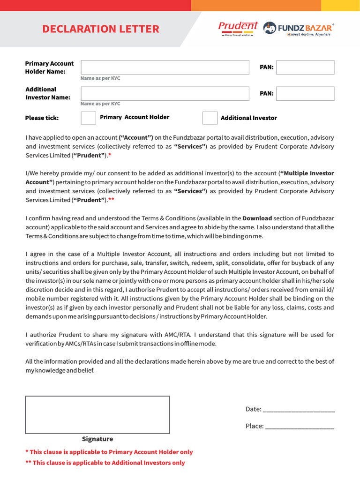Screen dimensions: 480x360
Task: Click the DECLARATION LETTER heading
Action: pyautogui.click(x=100, y=29)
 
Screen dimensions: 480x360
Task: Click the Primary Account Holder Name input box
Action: pyautogui.click(x=165, y=67)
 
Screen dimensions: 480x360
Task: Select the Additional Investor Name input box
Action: pyautogui.click(x=165, y=93)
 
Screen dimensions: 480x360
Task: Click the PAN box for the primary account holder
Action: pyautogui.click(x=305, y=67)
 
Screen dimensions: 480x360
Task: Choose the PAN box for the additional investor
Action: pyautogui.click(x=305, y=93)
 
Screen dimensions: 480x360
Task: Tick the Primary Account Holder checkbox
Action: pyautogui.click(x=88, y=118)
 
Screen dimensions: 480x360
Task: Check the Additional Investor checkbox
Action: pyautogui.click(x=210, y=118)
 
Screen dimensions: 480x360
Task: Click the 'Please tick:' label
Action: pyautogui.click(x=42, y=118)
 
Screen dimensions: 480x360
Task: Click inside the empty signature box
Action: pyautogui.click(x=97, y=414)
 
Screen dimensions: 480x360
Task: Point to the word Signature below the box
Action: pyautogui.click(x=97, y=439)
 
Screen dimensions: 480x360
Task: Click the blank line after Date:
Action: pyautogui.click(x=299, y=410)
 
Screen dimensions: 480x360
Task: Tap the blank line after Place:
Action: pyautogui.click(x=299, y=427)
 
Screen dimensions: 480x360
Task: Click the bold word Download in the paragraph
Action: pyautogui.click(x=257, y=218)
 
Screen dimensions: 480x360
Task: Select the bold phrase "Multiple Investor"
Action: pyautogui.click(x=307, y=173)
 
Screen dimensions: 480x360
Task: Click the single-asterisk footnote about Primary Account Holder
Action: pyautogui.click(x=109, y=452)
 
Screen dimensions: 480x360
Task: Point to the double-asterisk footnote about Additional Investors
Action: pyautogui.click(x=105, y=463)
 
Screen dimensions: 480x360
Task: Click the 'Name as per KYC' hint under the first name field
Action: pyautogui.click(x=100, y=78)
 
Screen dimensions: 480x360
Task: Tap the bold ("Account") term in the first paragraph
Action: pyautogui.click(x=136, y=137)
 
